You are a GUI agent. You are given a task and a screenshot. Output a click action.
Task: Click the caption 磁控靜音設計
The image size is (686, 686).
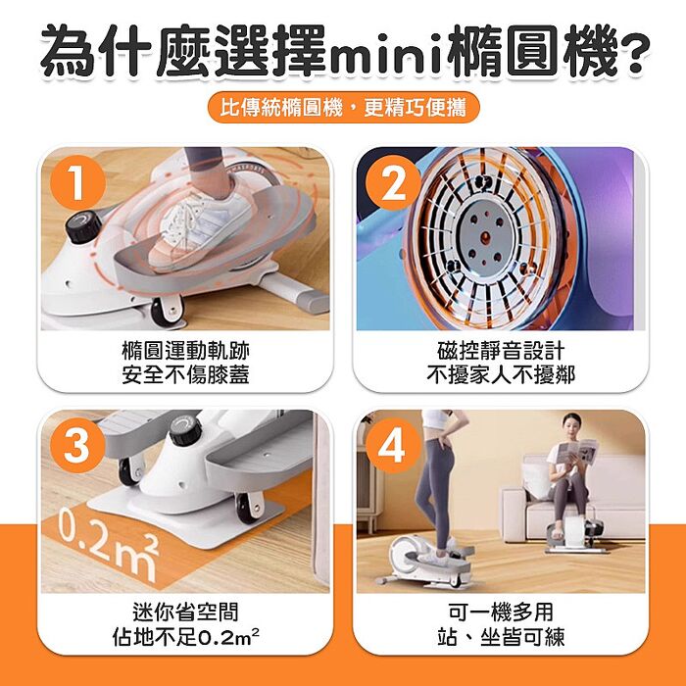tap(501, 351)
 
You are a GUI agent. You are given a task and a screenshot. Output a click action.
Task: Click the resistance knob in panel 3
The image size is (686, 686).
tap(183, 429)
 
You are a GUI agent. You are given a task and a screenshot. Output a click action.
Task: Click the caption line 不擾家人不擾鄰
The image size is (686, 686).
tap(501, 374)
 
